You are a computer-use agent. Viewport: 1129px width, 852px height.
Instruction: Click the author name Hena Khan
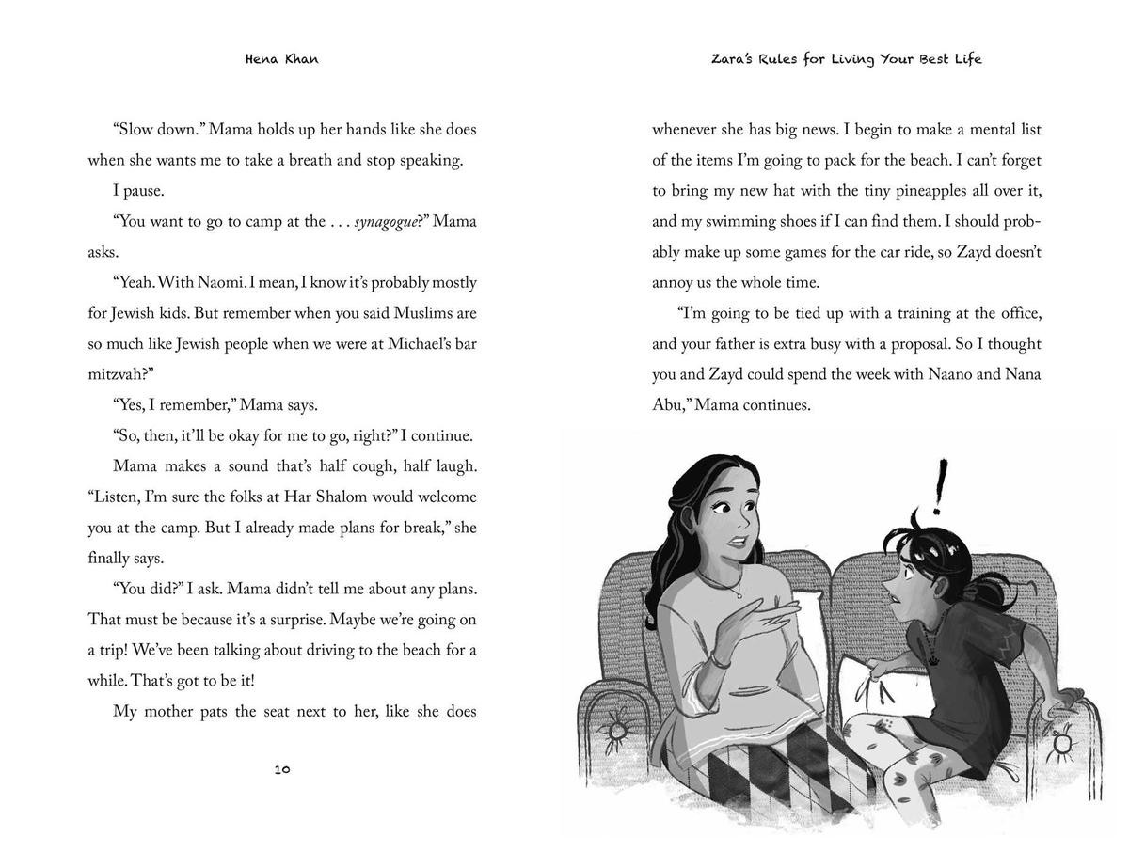pyautogui.click(x=281, y=58)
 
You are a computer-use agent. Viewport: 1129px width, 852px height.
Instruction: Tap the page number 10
pyautogui.click(x=282, y=769)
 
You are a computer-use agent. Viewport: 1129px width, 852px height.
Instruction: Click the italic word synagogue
pyautogui.click(x=385, y=222)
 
